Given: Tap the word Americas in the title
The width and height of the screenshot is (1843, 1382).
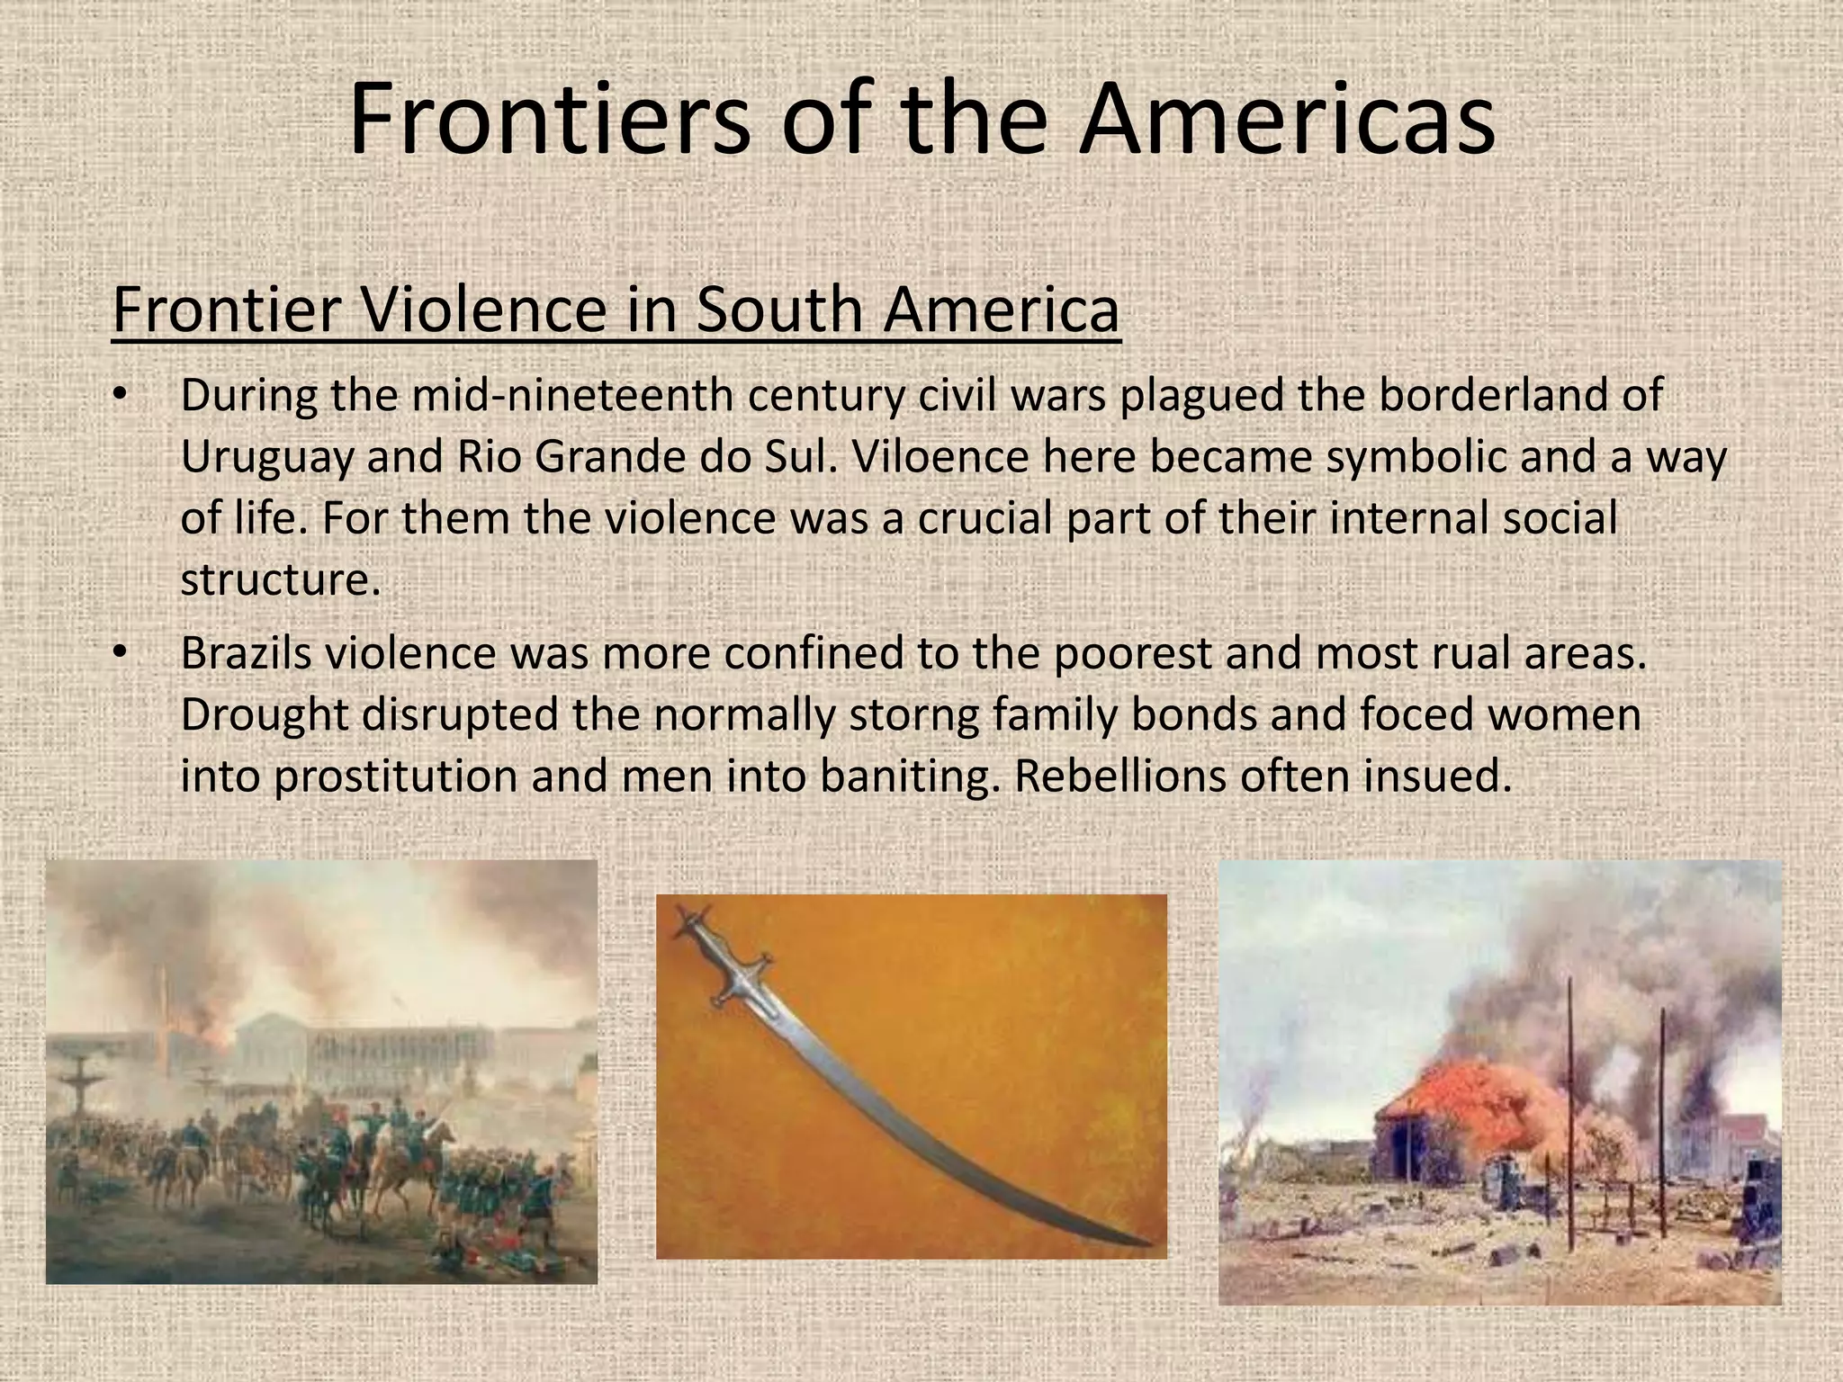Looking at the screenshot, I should pos(1287,119).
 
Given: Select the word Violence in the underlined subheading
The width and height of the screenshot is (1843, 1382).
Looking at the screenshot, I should pos(483,310).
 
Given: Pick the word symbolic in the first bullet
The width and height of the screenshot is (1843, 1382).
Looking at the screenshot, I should pos(1416,457).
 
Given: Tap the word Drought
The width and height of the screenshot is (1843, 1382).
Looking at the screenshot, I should pos(264,715).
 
